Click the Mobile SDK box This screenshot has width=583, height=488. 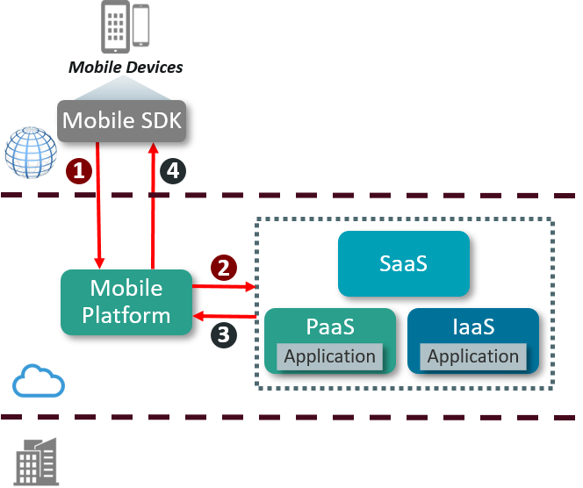pos(122,120)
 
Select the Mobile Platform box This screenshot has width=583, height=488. pos(126,302)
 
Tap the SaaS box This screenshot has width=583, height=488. pos(403,262)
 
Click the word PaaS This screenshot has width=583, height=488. pos(330,327)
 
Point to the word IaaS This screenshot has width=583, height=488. pos(473,327)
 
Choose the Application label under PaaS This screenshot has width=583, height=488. pos(329,356)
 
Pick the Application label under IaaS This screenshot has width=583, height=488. pos(473,356)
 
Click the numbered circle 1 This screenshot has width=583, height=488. pos(80,170)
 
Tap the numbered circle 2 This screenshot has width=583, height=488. pos(223,267)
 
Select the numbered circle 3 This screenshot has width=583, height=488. pos(223,334)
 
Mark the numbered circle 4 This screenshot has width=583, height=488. pos(173,170)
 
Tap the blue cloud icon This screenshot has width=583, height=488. pos(39,383)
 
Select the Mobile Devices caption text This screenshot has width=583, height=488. pos(126,67)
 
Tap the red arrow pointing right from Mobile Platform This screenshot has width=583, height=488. pos(223,286)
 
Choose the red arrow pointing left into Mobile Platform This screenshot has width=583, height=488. pos(225,315)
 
